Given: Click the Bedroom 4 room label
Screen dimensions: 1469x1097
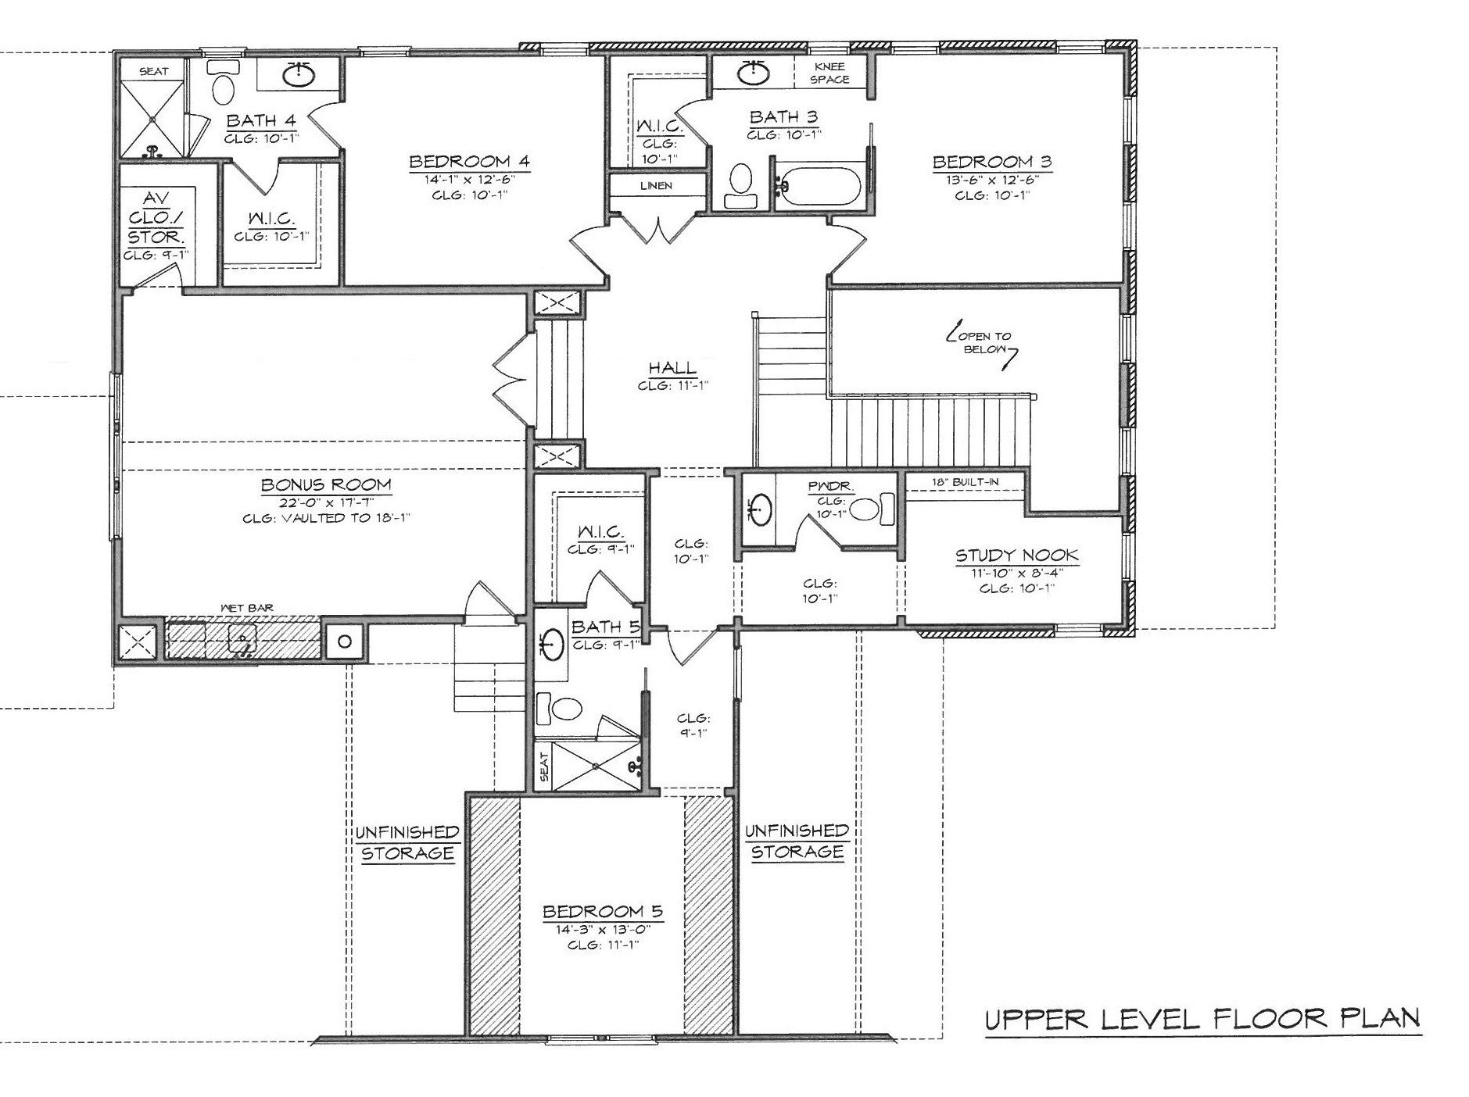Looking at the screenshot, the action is tap(469, 162).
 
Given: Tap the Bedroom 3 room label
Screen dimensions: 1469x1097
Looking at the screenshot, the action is tap(991, 162).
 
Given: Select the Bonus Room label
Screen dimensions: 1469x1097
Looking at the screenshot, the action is tap(326, 484).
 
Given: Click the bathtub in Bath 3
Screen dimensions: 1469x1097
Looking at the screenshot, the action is tap(819, 186).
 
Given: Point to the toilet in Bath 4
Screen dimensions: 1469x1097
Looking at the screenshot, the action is tap(223, 84).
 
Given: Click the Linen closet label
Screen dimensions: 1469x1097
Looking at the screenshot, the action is tap(656, 186).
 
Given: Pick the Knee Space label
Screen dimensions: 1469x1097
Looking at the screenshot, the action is tap(829, 73).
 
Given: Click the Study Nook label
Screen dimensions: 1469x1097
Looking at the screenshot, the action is tap(1016, 556).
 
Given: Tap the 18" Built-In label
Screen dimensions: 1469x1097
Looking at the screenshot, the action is tap(965, 481).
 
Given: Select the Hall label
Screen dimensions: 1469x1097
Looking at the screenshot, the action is tap(672, 368).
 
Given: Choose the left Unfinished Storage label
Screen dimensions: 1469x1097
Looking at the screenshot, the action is tap(407, 842).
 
